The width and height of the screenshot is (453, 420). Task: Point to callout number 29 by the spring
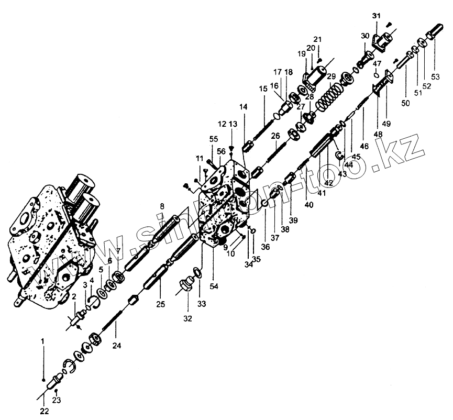tap(331, 77)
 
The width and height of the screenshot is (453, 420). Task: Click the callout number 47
tap(377, 63)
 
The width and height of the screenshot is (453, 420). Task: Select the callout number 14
tap(244, 107)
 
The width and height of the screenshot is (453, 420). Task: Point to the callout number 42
tap(329, 183)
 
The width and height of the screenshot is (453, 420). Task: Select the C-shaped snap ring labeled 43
tap(339, 154)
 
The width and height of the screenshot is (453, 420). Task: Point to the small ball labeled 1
tap(45, 380)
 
